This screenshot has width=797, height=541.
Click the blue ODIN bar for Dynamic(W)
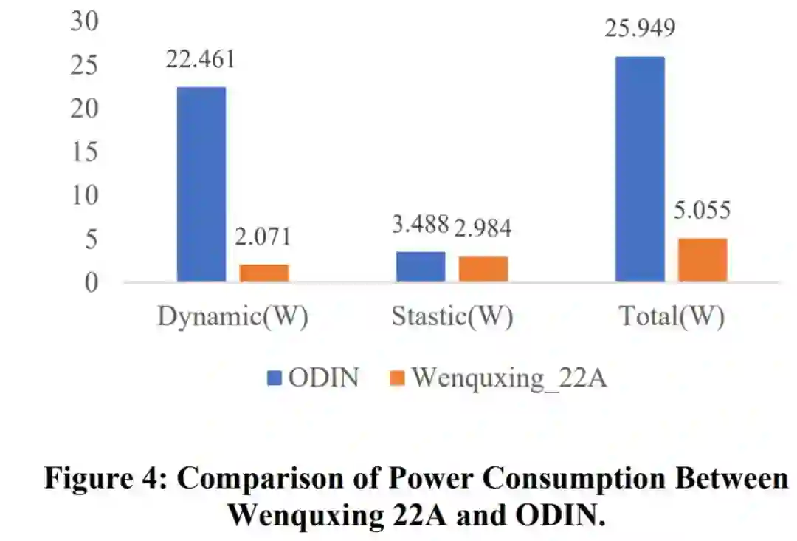201,184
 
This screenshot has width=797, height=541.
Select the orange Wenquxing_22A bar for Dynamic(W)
264,273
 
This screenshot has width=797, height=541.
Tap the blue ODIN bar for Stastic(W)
421,266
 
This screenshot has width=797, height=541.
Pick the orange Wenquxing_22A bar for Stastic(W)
483,268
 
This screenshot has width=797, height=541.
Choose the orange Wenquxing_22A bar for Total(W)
703,259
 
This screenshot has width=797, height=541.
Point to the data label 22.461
201,59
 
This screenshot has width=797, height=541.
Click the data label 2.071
264,237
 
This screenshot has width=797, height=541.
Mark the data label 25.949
640,29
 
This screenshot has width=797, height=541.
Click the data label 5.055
701,211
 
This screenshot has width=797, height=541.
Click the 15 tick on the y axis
85,152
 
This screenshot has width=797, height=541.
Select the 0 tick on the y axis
92,282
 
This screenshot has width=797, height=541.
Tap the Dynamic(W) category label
232,317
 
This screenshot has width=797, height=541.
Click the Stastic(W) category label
452,317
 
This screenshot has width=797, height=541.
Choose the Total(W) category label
672,317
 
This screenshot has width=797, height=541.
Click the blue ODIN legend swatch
275,378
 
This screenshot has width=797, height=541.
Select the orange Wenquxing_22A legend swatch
398,378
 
